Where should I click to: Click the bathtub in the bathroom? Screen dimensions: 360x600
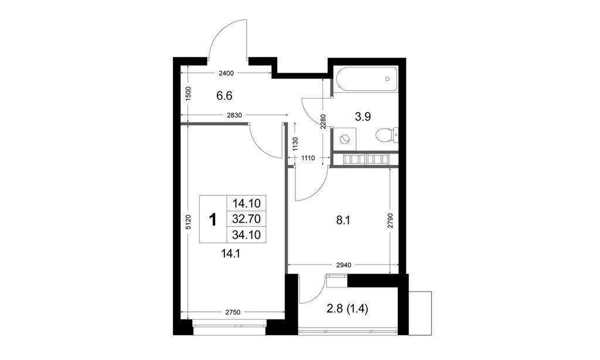click(365, 81)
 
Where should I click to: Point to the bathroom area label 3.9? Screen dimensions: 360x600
click(364, 117)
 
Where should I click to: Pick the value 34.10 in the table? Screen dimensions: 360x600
click(246, 236)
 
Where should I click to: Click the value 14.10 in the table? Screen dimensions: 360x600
click(246, 204)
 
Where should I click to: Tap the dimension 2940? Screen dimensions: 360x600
click(343, 265)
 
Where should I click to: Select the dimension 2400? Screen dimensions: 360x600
click(226, 73)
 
